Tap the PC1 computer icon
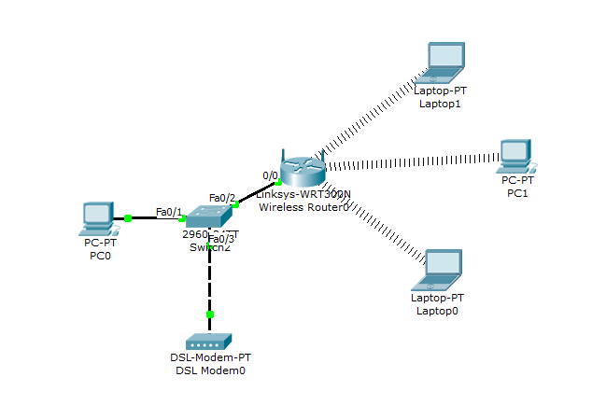[x=515, y=155]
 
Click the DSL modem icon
[x=208, y=342]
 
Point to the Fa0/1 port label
[x=169, y=212]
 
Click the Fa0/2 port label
[x=222, y=197]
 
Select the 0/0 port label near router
[x=270, y=175]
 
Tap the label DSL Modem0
[x=209, y=370]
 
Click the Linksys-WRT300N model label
[x=303, y=194]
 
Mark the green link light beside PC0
[x=128, y=217]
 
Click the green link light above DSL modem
[x=209, y=314]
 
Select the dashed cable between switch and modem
[x=209, y=280]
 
